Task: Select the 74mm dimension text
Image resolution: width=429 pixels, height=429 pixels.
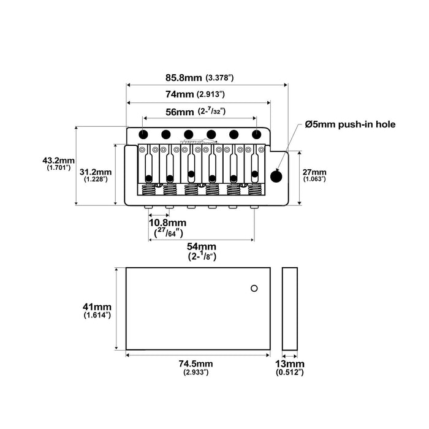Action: [179, 95]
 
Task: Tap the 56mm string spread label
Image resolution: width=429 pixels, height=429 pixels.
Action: [179, 112]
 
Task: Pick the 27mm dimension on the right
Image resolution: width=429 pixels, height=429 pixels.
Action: [314, 172]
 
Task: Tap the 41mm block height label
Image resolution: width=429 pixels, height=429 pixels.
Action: [97, 306]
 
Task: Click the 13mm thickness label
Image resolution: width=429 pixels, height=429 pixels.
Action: [290, 363]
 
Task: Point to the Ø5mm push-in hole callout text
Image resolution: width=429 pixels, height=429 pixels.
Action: [351, 124]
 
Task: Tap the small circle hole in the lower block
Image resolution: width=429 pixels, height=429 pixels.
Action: [254, 287]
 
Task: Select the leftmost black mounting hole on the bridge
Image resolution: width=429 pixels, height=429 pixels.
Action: [143, 134]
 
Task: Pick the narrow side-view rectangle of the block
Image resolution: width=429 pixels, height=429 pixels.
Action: [290, 309]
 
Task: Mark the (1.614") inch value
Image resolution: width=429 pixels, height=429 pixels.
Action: [97, 315]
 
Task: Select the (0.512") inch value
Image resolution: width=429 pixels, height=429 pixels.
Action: [290, 372]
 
